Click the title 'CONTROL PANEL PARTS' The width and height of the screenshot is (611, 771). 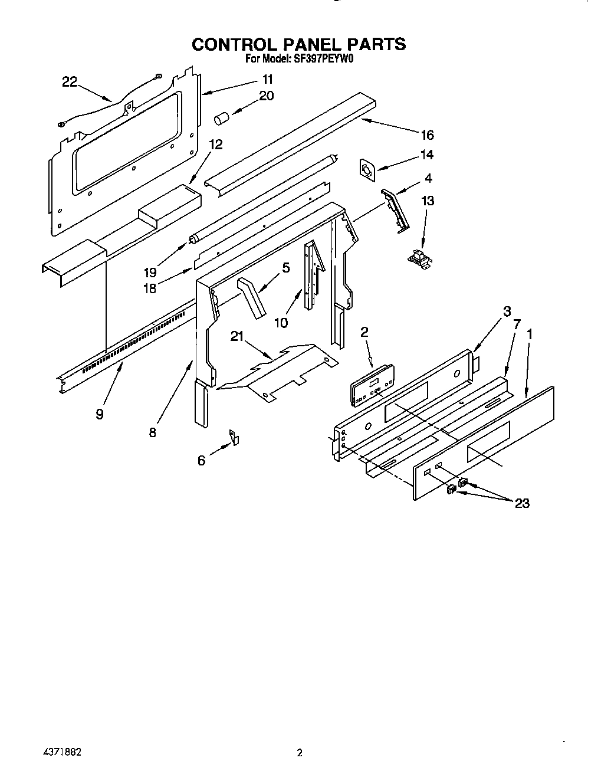point(299,44)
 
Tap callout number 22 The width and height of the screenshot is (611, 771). point(70,82)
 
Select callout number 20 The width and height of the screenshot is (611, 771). point(267,96)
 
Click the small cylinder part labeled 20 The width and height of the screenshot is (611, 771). point(221,118)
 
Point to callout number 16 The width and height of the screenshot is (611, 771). point(426,135)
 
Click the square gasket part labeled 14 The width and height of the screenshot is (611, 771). point(367,170)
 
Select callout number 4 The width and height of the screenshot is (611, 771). point(428,178)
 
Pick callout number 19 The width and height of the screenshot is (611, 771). point(150,272)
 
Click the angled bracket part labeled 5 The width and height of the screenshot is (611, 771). point(252,298)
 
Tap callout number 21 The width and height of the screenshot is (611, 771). point(237,336)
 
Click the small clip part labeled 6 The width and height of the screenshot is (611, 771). point(235,437)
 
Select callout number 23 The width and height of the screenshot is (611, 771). point(521,503)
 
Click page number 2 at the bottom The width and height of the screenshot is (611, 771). point(300,753)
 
